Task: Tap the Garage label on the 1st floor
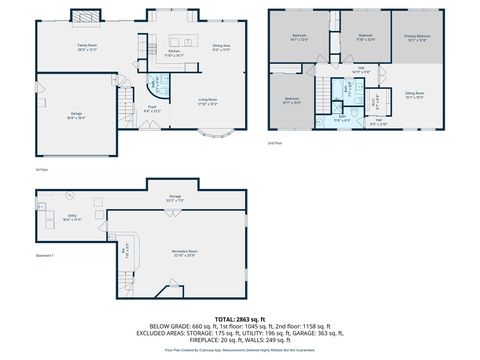pyautogui.click(x=76, y=115)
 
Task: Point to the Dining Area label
pyautogui.click(x=221, y=47)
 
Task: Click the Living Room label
pyautogui.click(x=207, y=102)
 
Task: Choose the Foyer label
pyautogui.click(x=153, y=109)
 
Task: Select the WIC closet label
pyautogui.click(x=376, y=101)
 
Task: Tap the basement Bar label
pyautogui.click(x=125, y=250)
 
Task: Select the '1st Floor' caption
pyautogui.click(x=41, y=170)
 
